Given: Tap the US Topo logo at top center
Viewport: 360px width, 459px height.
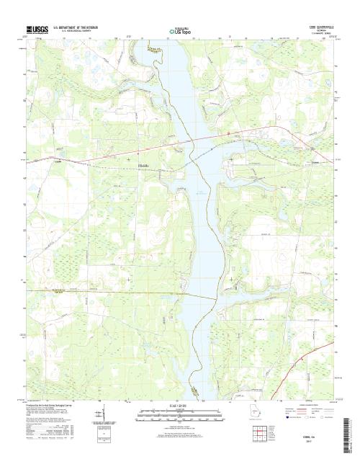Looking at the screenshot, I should tap(180, 32).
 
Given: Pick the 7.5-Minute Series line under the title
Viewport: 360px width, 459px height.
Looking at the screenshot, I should tap(318, 34).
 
